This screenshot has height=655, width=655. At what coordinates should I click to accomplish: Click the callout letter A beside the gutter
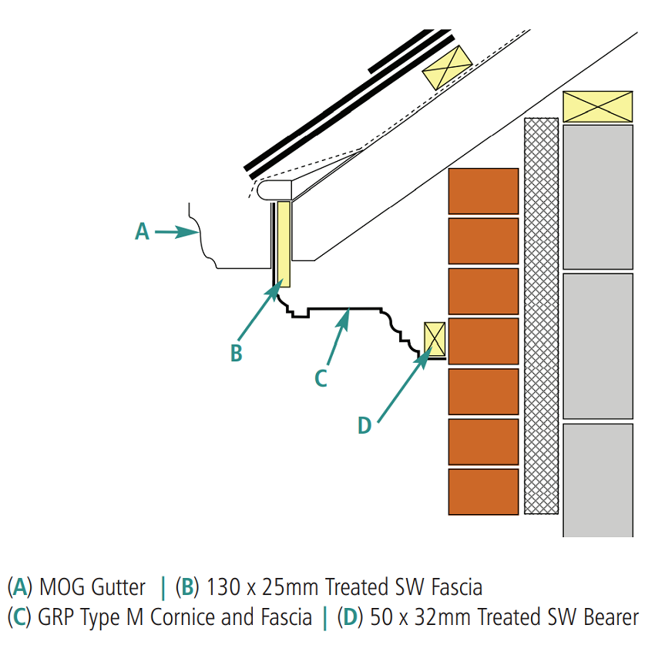(x=142, y=231)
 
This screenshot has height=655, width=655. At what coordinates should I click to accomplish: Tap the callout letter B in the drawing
(x=237, y=353)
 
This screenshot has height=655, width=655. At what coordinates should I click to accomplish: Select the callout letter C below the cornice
(x=322, y=378)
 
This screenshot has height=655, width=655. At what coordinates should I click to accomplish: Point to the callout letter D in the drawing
(x=364, y=425)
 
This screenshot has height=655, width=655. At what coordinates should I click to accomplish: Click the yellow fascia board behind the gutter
(x=284, y=244)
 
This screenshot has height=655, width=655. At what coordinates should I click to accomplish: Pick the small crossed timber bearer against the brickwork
(x=435, y=339)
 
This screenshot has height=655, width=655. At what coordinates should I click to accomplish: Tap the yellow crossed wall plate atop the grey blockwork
(x=597, y=106)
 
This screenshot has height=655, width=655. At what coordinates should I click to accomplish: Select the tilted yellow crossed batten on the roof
(x=447, y=66)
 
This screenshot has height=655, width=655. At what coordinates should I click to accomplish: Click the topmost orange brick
(x=483, y=190)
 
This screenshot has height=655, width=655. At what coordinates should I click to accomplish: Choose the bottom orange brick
(x=483, y=492)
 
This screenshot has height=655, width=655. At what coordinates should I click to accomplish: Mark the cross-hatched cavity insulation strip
(x=541, y=316)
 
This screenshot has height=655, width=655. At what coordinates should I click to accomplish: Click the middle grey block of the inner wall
(x=597, y=345)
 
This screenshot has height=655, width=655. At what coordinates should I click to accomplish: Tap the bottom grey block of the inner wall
(x=597, y=479)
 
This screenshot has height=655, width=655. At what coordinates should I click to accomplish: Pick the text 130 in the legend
(x=220, y=588)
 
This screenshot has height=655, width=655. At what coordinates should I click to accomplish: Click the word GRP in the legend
(x=54, y=617)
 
